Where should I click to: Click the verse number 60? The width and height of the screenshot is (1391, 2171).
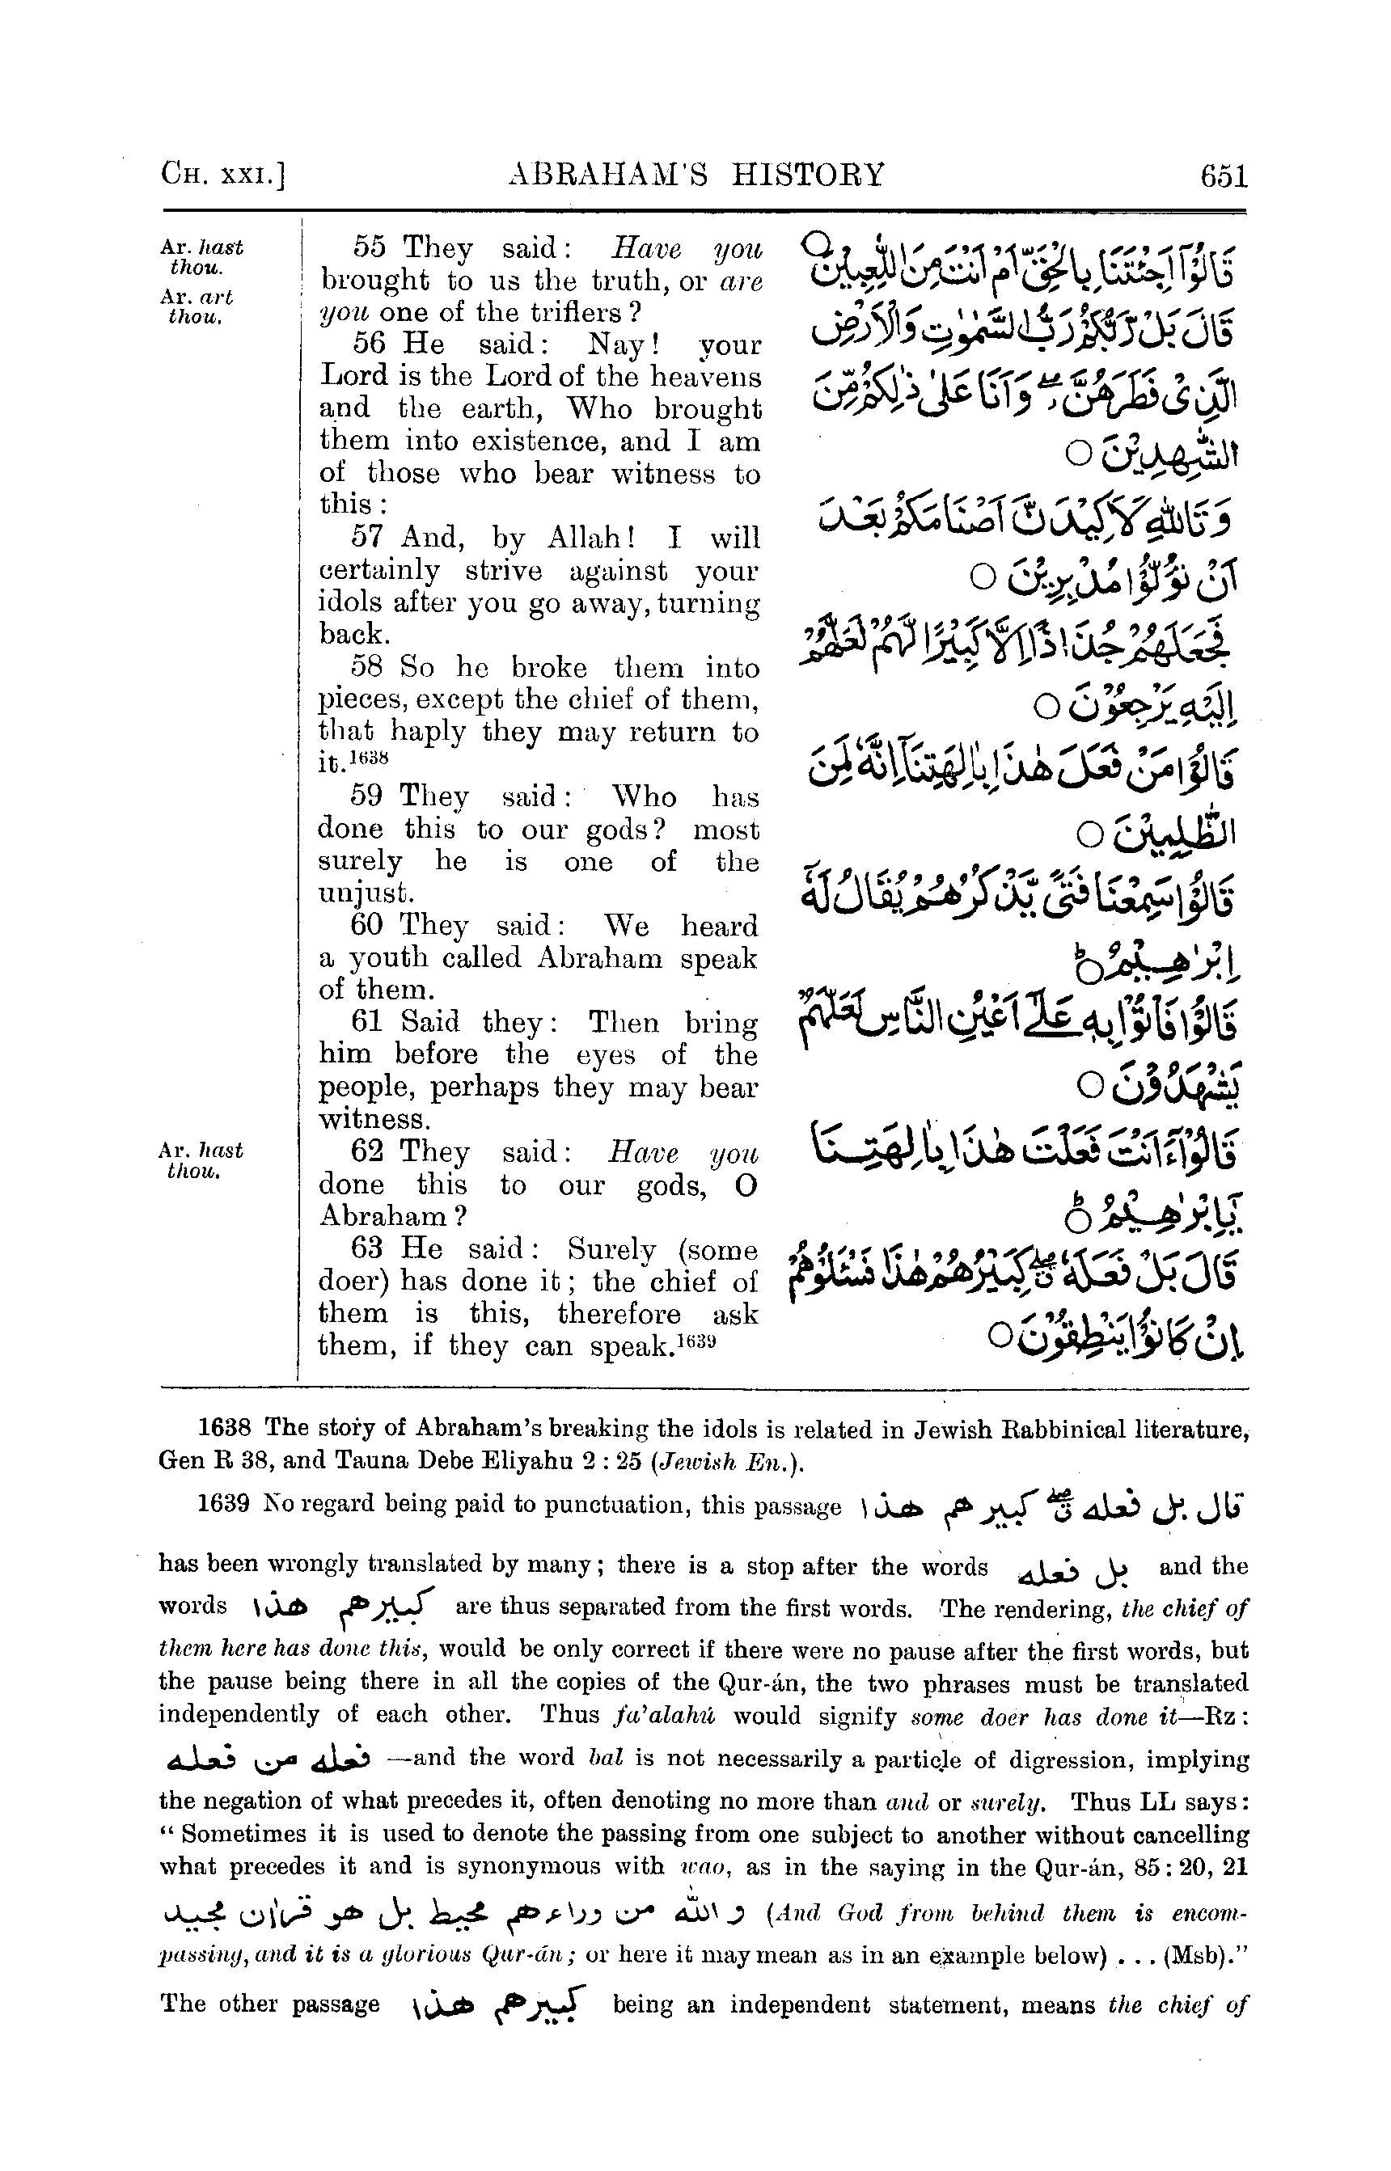368,926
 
